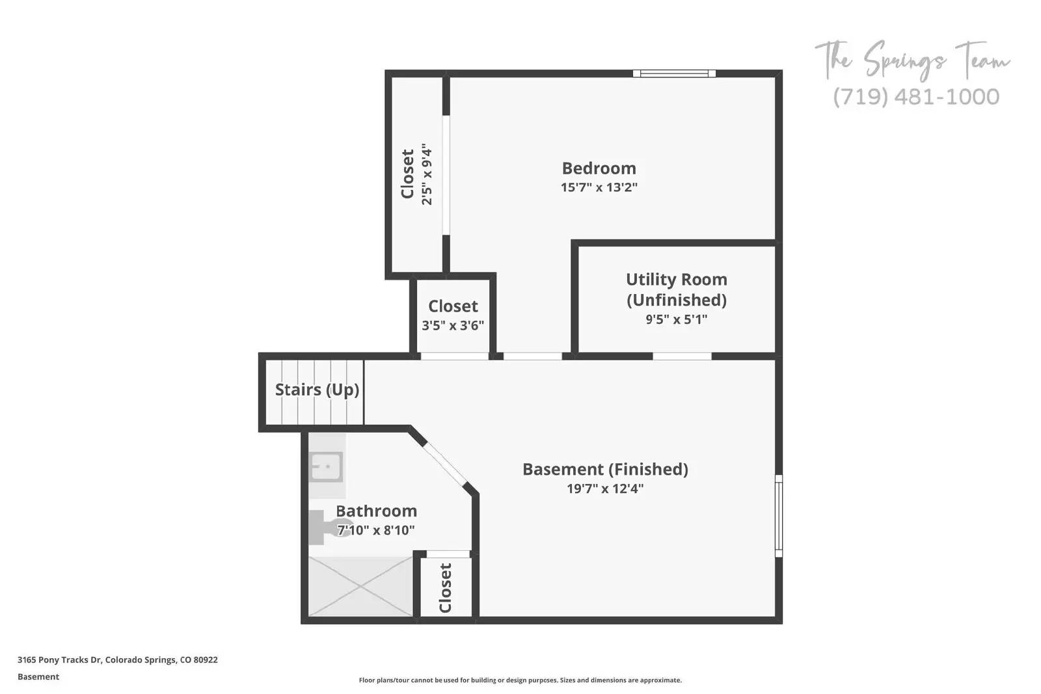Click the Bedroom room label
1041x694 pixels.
pos(599,168)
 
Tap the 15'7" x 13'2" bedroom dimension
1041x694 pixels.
pos(599,187)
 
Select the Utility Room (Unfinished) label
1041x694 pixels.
pos(676,289)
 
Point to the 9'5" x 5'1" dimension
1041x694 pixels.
pos(676,319)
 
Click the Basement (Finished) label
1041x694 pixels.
pos(605,469)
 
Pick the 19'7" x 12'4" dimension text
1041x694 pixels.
pos(605,488)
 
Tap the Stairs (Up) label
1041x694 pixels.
pos(317,390)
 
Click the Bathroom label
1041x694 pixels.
pos(376,511)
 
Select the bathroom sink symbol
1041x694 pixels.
pos(326,466)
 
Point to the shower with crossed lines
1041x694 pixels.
pos(360,586)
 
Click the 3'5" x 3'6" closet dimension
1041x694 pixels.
pos(453,325)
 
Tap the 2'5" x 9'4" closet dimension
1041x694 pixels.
pos(427,174)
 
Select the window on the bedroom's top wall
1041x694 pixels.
pos(674,73)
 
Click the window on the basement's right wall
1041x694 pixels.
pos(778,515)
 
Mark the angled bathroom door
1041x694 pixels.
pos(446,464)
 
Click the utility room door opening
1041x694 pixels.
pos(682,356)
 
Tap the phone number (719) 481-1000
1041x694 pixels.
pos(916,97)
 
